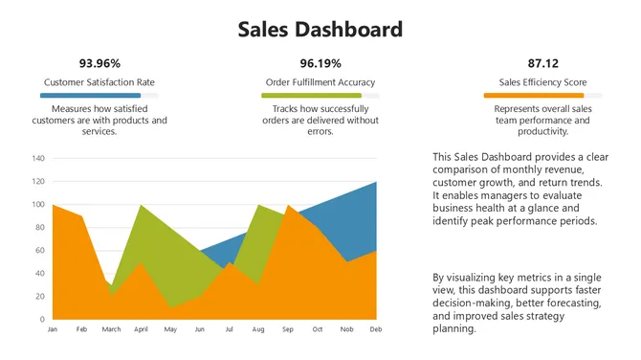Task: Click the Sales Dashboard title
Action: click(x=320, y=30)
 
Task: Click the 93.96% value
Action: click(x=99, y=63)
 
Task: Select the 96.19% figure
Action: click(x=320, y=63)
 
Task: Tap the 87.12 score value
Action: click(x=542, y=63)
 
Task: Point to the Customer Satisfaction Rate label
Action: click(x=99, y=82)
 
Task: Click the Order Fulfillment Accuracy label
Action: click(x=320, y=82)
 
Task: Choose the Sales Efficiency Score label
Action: click(x=542, y=82)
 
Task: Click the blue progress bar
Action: click(x=90, y=96)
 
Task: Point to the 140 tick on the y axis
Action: click(x=39, y=158)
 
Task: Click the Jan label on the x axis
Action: click(x=54, y=328)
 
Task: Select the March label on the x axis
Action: click(x=112, y=328)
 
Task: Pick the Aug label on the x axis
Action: click(x=258, y=328)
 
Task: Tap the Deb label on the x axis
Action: click(x=376, y=328)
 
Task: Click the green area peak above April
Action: click(x=142, y=206)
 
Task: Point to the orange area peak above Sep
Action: click(x=288, y=206)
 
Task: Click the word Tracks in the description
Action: click(x=276, y=109)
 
